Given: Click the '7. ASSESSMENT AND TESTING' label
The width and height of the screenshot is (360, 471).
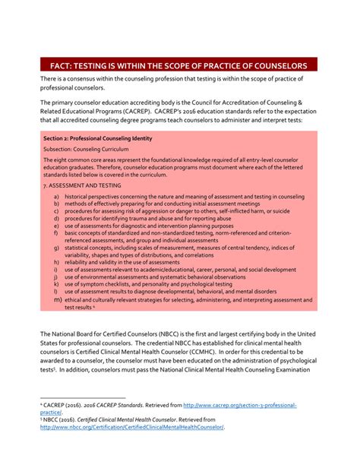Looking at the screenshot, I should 82,185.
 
